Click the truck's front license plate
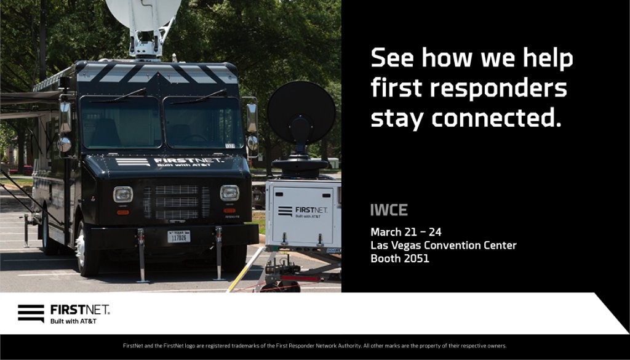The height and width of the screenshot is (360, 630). pyautogui.click(x=179, y=236)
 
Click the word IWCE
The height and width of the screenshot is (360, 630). pyautogui.click(x=389, y=210)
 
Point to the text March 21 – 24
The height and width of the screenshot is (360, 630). pyautogui.click(x=406, y=232)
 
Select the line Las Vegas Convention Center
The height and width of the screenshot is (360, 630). pyautogui.click(x=443, y=246)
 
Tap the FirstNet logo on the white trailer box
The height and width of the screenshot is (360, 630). pyautogui.click(x=303, y=211)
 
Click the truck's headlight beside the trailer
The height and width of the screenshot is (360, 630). pyautogui.click(x=229, y=193)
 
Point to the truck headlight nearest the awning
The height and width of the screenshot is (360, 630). pyautogui.click(x=122, y=194)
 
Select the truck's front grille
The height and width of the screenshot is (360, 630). pyautogui.click(x=177, y=202)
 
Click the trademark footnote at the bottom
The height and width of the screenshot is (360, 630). pyautogui.click(x=314, y=346)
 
